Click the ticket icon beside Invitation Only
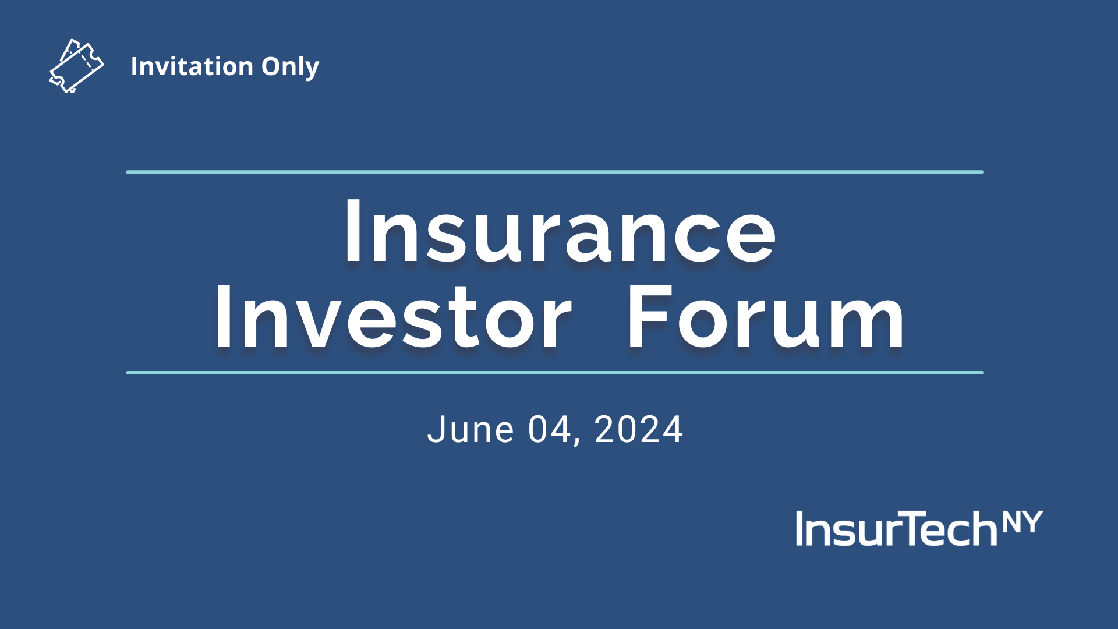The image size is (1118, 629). pyautogui.click(x=76, y=66)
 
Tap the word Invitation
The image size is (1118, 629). pyautogui.click(x=192, y=66)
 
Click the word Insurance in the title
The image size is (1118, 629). pyautogui.click(x=560, y=232)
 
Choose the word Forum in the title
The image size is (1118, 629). pyautogui.click(x=766, y=318)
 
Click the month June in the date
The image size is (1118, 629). pyautogui.click(x=470, y=430)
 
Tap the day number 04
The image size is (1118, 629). pyautogui.click(x=549, y=430)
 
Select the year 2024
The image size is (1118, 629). pyautogui.click(x=638, y=430)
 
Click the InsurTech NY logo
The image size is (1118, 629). pyautogui.click(x=919, y=528)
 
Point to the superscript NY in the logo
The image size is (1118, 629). pyautogui.click(x=1023, y=522)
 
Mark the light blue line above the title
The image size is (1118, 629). pyautogui.click(x=555, y=172)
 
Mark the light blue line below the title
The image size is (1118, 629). pyautogui.click(x=555, y=373)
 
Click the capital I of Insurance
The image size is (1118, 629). pyautogui.click(x=352, y=232)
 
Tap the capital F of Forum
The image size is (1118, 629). pyautogui.click(x=649, y=318)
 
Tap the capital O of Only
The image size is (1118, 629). pyautogui.click(x=271, y=66)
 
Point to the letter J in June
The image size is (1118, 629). pyautogui.click(x=435, y=430)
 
